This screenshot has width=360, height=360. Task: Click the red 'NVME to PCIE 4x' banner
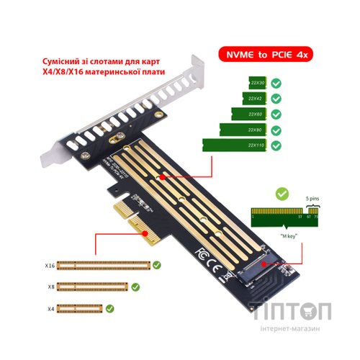pos(266,54)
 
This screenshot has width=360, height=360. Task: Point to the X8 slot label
pos(48,287)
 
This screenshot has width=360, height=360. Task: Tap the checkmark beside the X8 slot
pos(133,287)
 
